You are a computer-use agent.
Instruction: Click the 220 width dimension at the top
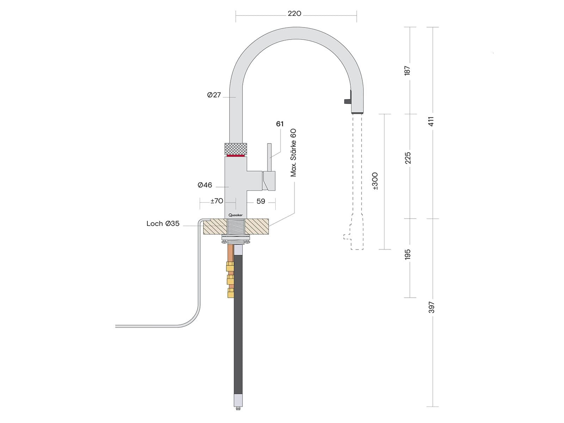294,14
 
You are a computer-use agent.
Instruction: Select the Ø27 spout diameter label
214,95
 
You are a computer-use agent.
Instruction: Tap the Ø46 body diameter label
205,185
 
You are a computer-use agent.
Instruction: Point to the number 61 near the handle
280,124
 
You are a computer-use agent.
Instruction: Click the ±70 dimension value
217,201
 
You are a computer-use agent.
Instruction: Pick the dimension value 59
261,201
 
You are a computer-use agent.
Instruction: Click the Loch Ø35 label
163,223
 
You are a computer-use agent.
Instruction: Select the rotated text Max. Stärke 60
293,153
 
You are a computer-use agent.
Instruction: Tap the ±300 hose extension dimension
375,181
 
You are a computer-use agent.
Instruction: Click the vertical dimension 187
407,70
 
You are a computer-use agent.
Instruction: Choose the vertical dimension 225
407,158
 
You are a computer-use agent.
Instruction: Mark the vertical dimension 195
407,255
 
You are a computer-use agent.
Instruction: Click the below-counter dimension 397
431,307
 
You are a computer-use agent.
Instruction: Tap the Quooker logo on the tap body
235,215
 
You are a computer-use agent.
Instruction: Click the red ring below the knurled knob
236,155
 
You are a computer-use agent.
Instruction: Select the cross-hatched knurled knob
236,148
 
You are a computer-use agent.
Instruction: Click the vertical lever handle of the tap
270,157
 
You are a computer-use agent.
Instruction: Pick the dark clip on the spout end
349,98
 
